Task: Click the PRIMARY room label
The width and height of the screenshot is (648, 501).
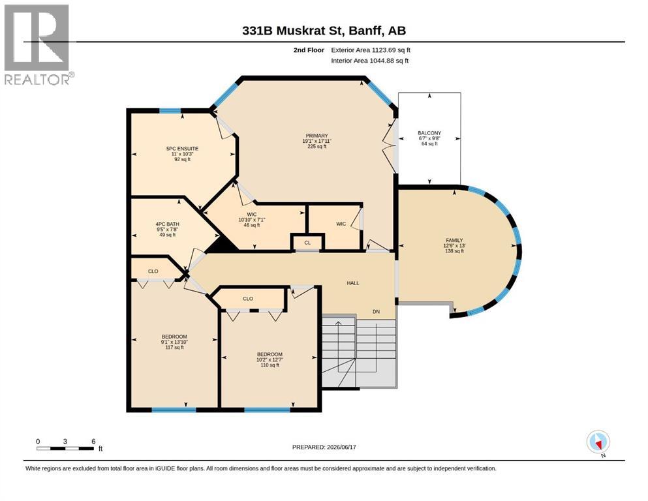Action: point(316,136)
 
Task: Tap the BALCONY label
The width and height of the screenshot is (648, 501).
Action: point(429,133)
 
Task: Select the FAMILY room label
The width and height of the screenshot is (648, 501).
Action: point(454,240)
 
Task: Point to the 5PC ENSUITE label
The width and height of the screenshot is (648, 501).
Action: point(182,149)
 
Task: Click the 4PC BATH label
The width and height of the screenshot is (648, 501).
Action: point(167,224)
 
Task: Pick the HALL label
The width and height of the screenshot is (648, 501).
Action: point(353,283)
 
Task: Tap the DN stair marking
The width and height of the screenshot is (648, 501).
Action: point(376,312)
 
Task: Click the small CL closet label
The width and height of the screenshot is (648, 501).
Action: point(307,243)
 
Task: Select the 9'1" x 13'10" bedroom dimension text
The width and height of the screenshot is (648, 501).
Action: point(174,342)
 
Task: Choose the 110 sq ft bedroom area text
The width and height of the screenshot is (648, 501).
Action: point(270,365)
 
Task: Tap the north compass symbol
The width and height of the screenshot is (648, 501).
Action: point(598,442)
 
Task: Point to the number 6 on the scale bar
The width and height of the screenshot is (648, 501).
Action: point(93,441)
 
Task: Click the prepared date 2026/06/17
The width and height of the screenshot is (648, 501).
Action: point(341,447)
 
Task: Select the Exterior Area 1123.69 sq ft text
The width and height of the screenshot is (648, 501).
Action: point(371,50)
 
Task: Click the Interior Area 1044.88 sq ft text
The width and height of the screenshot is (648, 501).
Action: point(370,61)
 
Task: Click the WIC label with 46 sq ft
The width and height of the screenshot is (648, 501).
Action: point(252,215)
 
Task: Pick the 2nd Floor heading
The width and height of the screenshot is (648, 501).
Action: point(309,50)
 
